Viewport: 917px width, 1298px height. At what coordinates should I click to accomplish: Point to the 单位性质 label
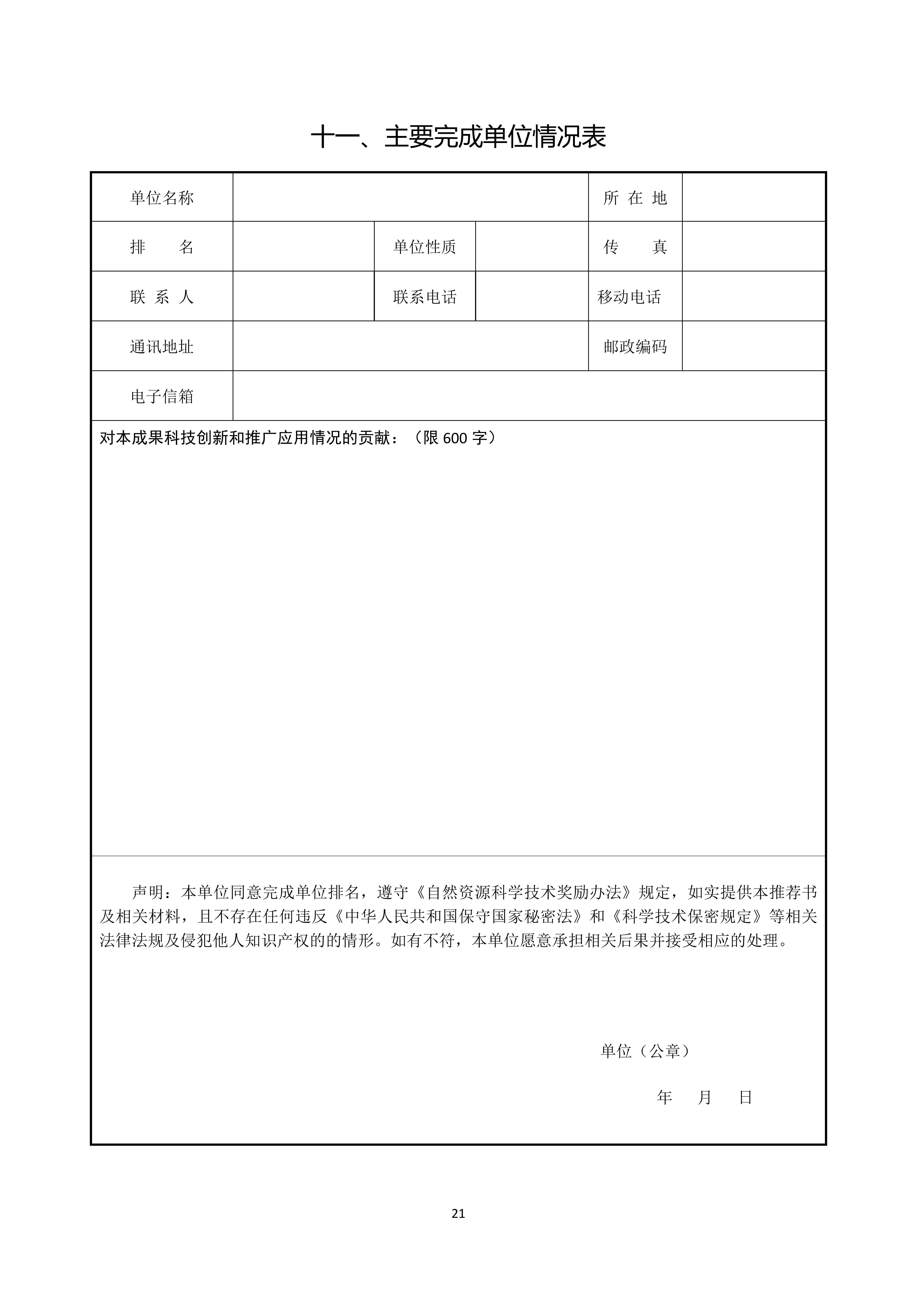click(x=424, y=247)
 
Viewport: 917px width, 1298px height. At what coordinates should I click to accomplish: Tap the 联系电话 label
click(x=424, y=297)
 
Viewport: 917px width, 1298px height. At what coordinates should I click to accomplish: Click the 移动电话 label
click(x=629, y=297)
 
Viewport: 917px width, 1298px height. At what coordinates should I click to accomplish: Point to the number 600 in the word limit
click(x=455, y=438)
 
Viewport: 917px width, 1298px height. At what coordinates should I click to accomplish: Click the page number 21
click(x=458, y=1213)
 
